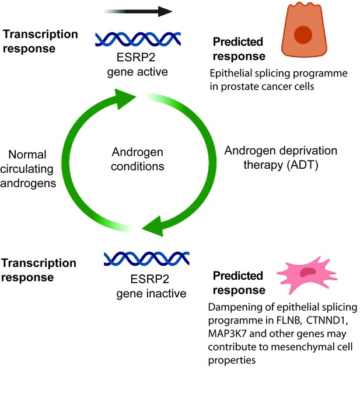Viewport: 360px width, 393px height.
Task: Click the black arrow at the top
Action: (138, 12)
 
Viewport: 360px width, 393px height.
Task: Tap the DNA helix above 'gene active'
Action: (138, 39)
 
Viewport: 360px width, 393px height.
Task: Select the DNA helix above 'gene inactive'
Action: (146, 259)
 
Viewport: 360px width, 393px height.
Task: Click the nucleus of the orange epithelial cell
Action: (303, 34)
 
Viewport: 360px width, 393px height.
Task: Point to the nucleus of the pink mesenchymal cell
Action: (308, 272)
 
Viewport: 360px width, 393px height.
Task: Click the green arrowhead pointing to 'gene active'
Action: (125, 99)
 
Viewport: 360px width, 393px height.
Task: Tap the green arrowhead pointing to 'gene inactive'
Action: (153, 226)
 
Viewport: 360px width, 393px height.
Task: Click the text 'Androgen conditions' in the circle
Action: (138, 159)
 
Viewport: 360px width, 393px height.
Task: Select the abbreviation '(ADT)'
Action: (302, 165)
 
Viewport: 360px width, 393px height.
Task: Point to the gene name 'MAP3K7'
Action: (228, 334)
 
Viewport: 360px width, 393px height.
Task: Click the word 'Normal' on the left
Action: (27, 155)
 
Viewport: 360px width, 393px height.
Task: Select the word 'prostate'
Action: (239, 87)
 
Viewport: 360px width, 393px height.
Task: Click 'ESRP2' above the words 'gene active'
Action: (136, 57)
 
